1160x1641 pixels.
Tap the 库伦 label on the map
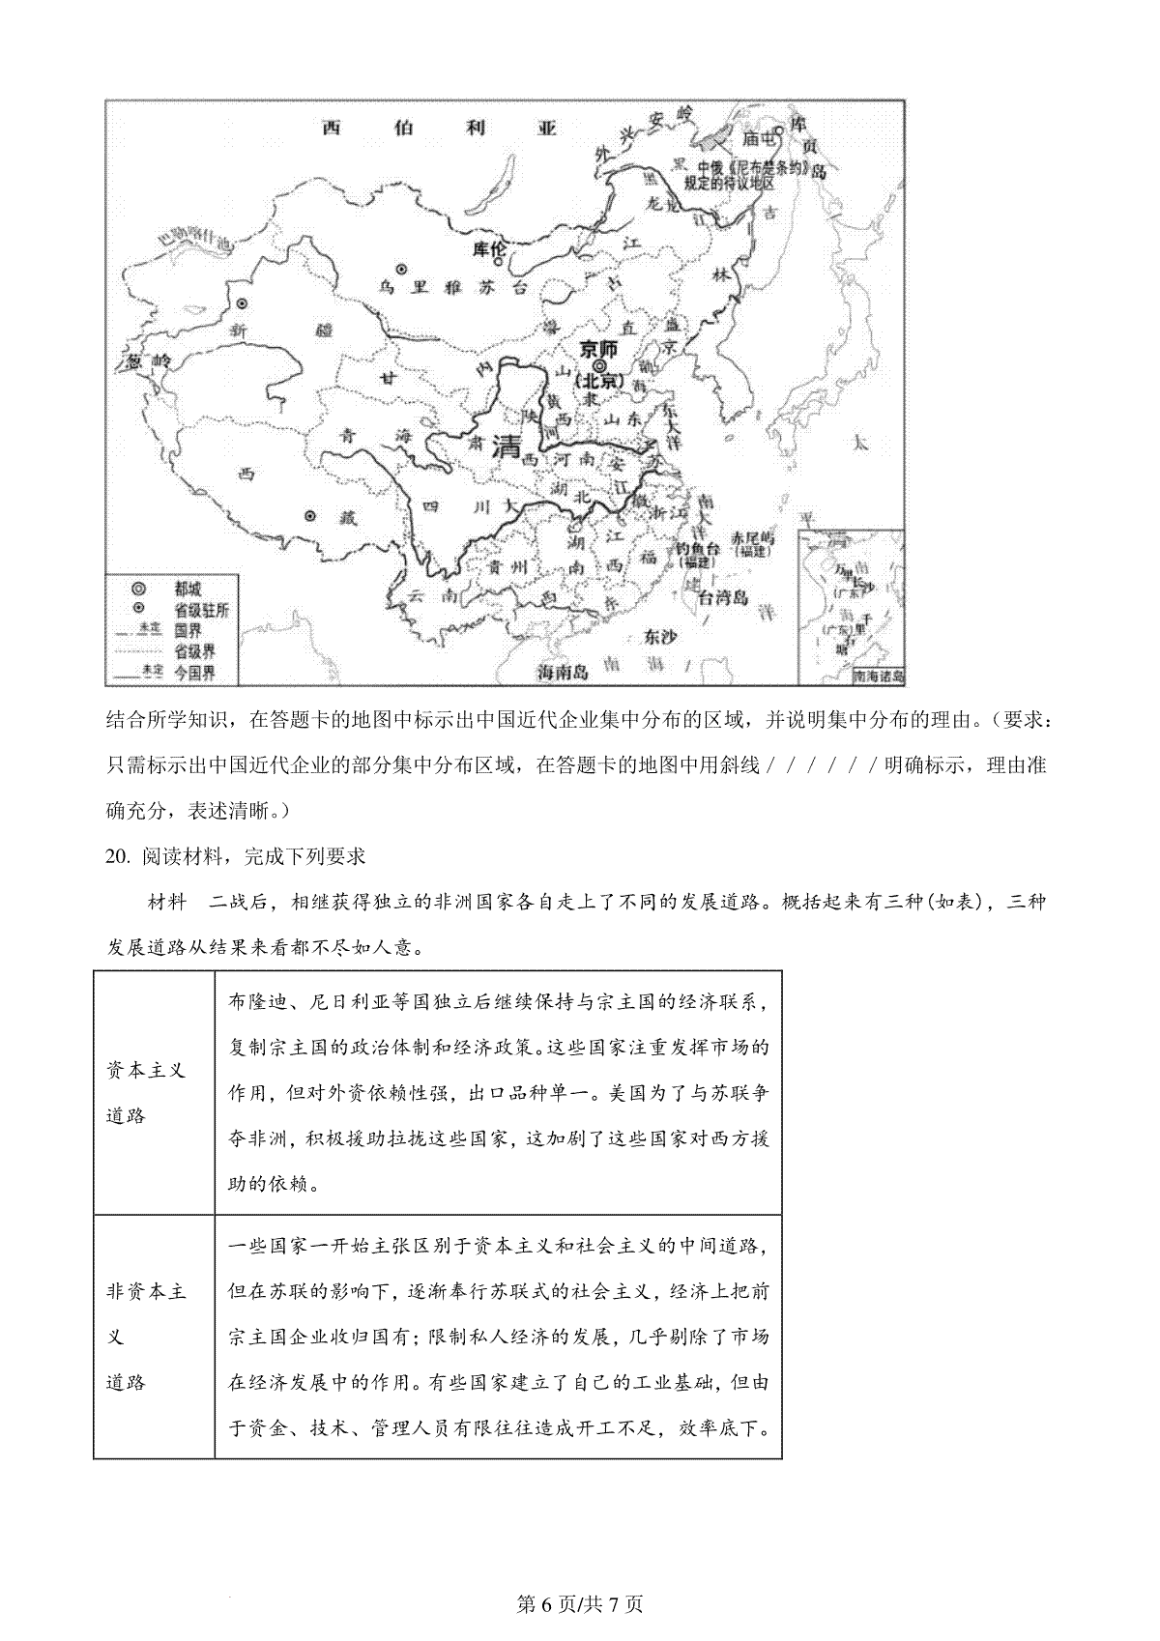tap(489, 249)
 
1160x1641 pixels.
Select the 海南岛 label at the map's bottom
tap(563, 671)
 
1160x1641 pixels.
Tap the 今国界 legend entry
tap(194, 673)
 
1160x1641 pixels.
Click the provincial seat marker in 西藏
tap(309, 517)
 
